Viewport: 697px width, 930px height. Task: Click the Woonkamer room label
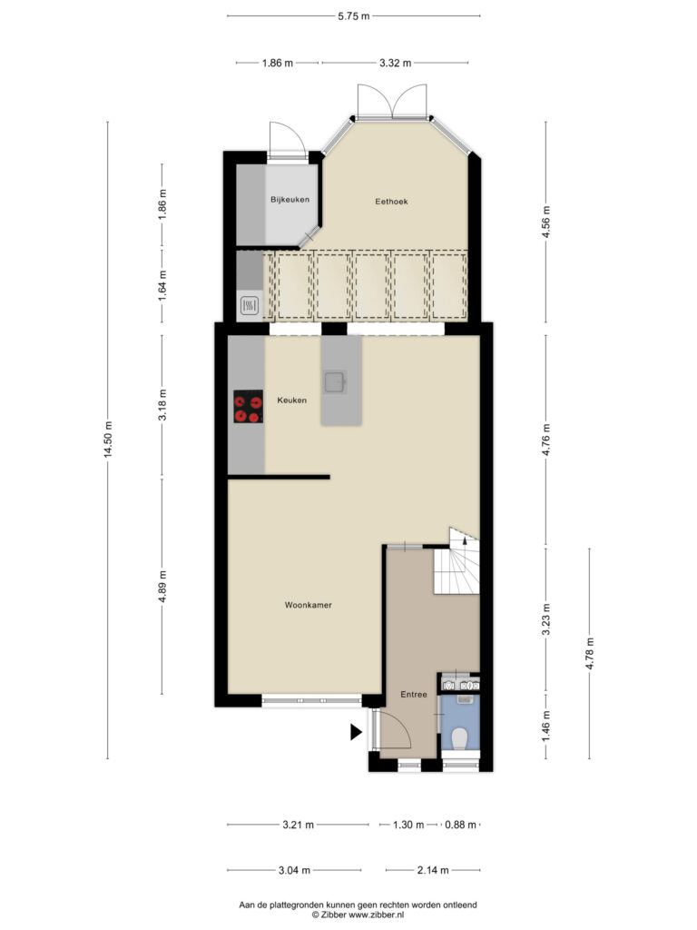pos(309,605)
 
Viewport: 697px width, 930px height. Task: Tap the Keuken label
pos(292,401)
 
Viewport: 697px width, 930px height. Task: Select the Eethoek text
pos(391,202)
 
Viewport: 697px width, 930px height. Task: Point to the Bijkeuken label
pos(290,200)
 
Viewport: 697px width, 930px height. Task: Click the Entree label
pos(414,695)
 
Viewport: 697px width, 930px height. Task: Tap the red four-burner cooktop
pos(249,406)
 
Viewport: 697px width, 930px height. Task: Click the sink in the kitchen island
pos(334,382)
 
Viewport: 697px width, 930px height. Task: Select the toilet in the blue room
pos(459,738)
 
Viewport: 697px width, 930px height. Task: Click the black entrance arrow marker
pos(356,733)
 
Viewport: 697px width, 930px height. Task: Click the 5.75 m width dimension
pos(354,16)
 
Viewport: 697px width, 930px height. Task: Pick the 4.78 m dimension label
pos(589,654)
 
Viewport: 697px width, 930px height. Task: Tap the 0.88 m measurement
pos(460,825)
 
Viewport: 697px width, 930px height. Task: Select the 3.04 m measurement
pos(294,870)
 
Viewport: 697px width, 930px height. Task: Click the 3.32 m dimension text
pos(396,63)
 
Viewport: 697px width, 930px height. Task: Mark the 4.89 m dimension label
pos(162,586)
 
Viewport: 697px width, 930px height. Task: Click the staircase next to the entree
pos(457,563)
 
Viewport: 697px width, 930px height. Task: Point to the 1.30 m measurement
pos(408,825)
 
